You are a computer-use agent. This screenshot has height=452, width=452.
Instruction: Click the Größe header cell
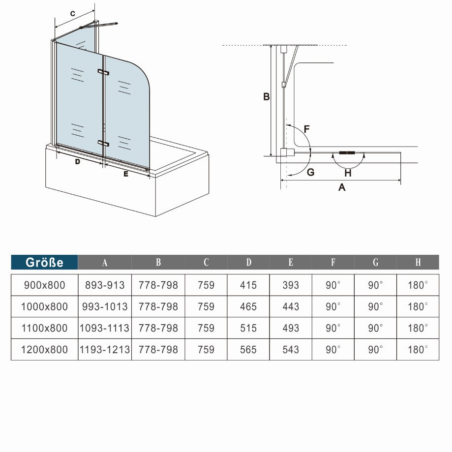tap(44, 262)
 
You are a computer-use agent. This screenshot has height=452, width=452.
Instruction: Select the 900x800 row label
tap(44, 285)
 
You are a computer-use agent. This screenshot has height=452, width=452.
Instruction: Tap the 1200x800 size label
tap(44, 350)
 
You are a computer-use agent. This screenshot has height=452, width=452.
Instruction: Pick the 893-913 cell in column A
tap(105, 285)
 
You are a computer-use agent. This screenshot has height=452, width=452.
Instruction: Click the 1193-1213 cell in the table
tap(105, 350)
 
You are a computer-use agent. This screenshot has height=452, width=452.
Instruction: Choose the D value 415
tap(248, 285)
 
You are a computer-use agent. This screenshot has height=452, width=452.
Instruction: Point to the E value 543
tap(291, 350)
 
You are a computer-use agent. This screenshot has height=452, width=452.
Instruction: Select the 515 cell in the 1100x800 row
tap(248, 328)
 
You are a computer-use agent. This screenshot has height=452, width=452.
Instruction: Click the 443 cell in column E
tap(291, 306)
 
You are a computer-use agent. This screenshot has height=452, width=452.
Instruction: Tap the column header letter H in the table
tap(418, 262)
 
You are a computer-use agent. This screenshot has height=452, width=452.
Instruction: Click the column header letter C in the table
tap(206, 262)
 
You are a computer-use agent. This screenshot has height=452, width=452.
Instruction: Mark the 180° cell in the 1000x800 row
tap(418, 306)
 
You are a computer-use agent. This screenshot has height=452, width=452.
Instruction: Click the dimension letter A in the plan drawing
tap(342, 187)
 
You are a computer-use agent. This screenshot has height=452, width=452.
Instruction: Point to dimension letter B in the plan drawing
tap(266, 97)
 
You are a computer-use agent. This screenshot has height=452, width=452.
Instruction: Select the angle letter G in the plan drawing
tap(310, 172)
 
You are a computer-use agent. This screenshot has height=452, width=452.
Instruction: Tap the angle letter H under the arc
tap(348, 173)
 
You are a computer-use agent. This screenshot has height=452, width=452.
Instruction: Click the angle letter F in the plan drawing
tap(306, 129)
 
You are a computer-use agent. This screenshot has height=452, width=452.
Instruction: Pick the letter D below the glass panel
tap(77, 162)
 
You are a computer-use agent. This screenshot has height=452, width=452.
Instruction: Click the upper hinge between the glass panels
tap(103, 72)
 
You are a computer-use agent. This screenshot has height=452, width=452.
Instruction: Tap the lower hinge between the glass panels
tap(103, 143)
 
